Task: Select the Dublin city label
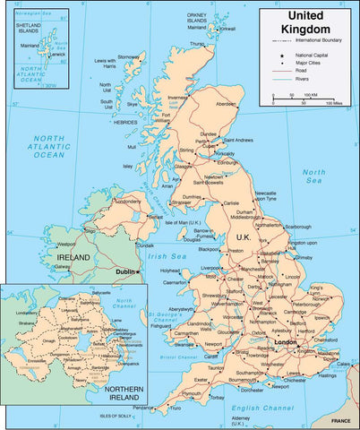tap(124, 271)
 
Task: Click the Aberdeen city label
tap(227, 102)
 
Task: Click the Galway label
tap(63, 266)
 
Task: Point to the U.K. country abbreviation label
tap(243, 236)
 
